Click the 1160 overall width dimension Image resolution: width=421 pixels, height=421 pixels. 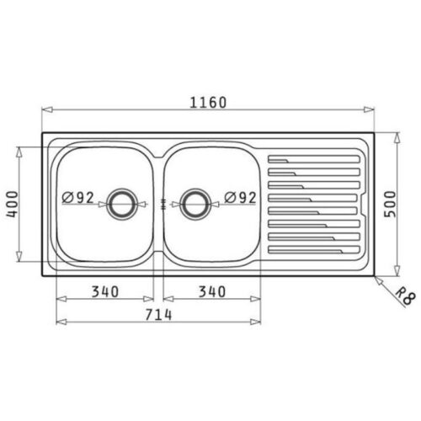208,103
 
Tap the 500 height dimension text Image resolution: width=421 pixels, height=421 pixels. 390,204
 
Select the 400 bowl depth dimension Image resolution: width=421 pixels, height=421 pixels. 12,204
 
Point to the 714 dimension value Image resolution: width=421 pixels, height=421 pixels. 158,315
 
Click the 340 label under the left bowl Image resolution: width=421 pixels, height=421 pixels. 105,291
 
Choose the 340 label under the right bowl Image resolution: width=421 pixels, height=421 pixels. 212,291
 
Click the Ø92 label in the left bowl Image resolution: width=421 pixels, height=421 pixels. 77,198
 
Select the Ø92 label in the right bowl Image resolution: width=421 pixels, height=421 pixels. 240,198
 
